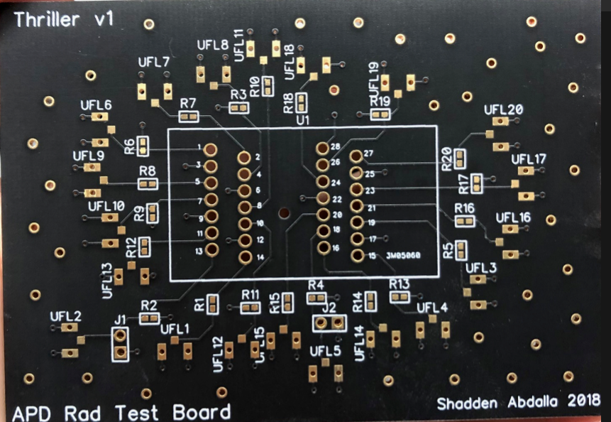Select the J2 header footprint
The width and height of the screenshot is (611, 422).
pos(329,323)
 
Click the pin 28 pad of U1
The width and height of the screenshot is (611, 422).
pos(322,149)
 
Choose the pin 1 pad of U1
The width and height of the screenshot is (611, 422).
pos(211,149)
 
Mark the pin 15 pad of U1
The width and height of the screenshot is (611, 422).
pos(356,256)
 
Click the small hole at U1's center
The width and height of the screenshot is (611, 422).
pos(284,212)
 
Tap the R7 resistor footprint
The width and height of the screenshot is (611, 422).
pos(189,117)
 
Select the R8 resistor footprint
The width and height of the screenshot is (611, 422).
pos(148,185)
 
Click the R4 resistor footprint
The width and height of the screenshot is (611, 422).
pos(316,298)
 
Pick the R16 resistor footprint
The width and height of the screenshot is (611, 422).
pos(466,221)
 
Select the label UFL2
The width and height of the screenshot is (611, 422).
pos(66,316)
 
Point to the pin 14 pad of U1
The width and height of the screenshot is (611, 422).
pos(245,256)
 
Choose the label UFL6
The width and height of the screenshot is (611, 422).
pos(97,106)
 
